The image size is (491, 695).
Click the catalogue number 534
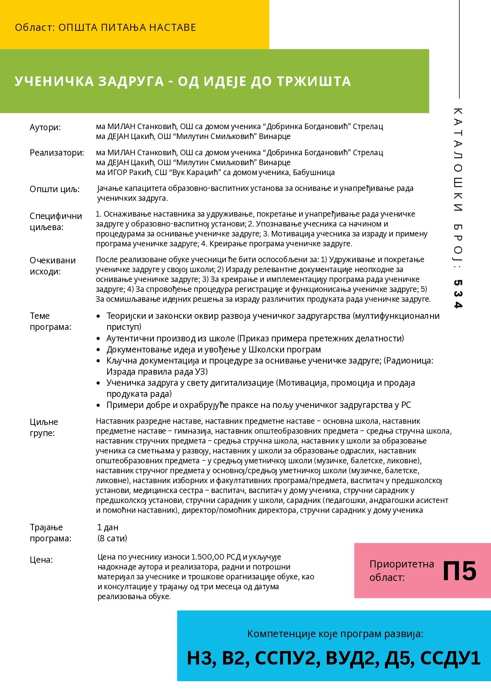pyautogui.click(x=458, y=294)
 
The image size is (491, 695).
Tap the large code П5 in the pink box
pyautogui.click(x=459, y=571)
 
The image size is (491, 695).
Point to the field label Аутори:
pyautogui.click(x=45, y=128)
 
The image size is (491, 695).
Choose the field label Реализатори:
pyautogui.click(x=57, y=153)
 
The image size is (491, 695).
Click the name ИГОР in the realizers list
pyautogui.click(x=117, y=172)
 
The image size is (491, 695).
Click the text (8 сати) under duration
pyautogui.click(x=112, y=538)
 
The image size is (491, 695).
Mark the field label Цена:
pyautogui.click(x=41, y=560)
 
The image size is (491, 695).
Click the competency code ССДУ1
pyautogui.click(x=450, y=658)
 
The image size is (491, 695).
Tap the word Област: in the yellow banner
pyautogui.click(x=35, y=28)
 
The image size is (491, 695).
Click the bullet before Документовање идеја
pyautogui.click(x=99, y=350)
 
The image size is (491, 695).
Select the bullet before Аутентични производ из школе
pyautogui.click(x=99, y=339)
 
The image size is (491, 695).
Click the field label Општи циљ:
pyautogui.click(x=55, y=189)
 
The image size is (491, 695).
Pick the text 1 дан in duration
pyautogui.click(x=108, y=527)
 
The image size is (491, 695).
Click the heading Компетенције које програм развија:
pyautogui.click(x=335, y=634)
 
